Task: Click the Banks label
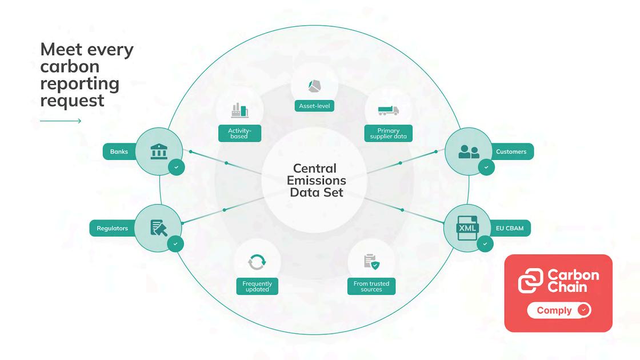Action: pyautogui.click(x=119, y=151)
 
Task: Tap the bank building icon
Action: pyautogui.click(x=159, y=151)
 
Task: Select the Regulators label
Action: pyautogui.click(x=112, y=229)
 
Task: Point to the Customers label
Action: pyautogui.click(x=511, y=151)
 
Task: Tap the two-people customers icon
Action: pyautogui.click(x=469, y=151)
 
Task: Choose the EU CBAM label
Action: pyautogui.click(x=510, y=229)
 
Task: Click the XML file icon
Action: pyautogui.click(x=467, y=229)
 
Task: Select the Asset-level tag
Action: pyautogui.click(x=314, y=106)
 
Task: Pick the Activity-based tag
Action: pyautogui.click(x=239, y=133)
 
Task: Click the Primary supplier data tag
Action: pyautogui.click(x=389, y=134)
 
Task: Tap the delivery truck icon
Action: pyautogui.click(x=388, y=110)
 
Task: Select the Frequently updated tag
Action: pyautogui.click(x=257, y=286)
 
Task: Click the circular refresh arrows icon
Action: pyautogui.click(x=257, y=262)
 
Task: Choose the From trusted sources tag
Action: pyautogui.click(x=371, y=286)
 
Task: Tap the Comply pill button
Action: pyautogui.click(x=558, y=310)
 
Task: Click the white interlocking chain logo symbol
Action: pyautogui.click(x=530, y=281)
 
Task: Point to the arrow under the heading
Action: pyautogui.click(x=61, y=121)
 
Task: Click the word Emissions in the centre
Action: pyautogui.click(x=317, y=181)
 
